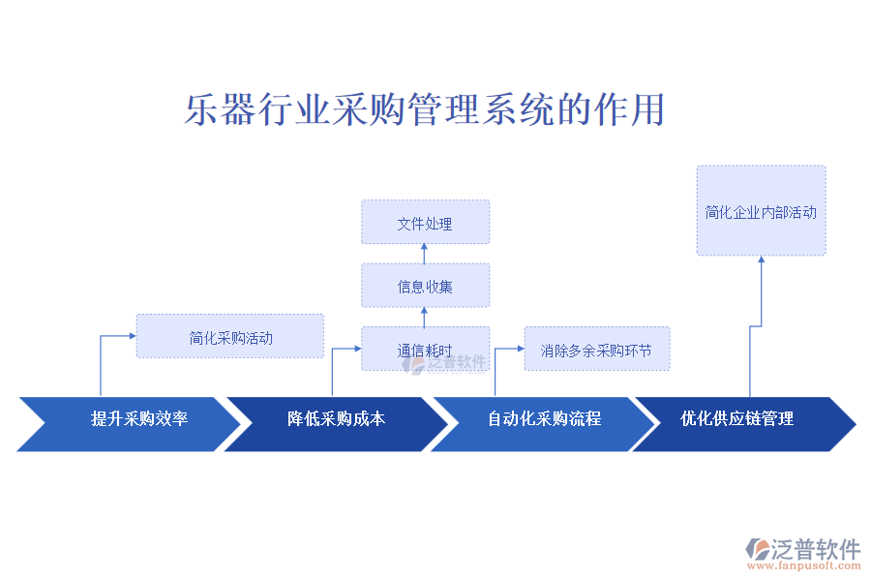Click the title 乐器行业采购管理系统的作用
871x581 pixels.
(424, 109)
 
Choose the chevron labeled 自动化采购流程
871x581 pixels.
(543, 419)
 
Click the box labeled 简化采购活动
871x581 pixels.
(230, 337)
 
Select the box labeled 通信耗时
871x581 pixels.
(425, 350)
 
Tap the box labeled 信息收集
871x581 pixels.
(425, 286)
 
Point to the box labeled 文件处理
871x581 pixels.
(425, 223)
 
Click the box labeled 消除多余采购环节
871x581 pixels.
(596, 350)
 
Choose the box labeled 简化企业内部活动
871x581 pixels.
(761, 211)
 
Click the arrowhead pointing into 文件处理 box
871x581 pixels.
(425, 249)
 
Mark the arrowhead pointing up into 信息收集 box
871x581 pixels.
(425, 312)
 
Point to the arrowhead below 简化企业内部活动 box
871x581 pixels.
(761, 260)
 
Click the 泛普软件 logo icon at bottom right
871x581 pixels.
(757, 550)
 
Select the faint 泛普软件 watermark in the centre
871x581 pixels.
(447, 363)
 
